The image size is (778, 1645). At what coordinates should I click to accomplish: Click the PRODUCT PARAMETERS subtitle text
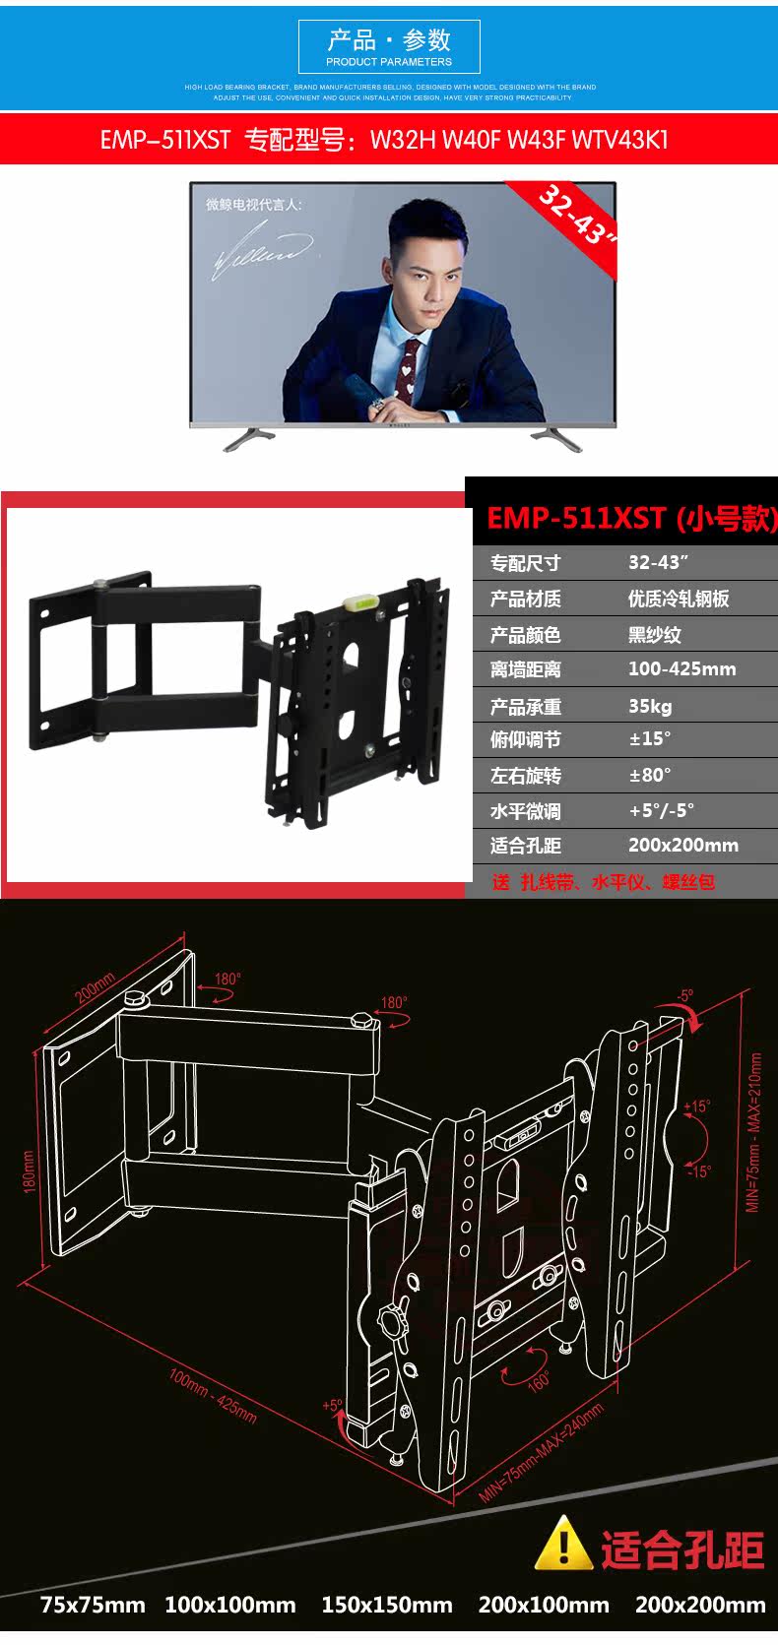click(389, 62)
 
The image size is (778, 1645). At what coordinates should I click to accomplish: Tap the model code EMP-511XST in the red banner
click(164, 140)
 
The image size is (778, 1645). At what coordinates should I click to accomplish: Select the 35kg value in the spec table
click(650, 706)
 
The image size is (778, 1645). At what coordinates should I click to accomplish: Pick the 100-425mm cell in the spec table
click(681, 669)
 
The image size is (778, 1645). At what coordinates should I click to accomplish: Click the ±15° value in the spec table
click(650, 739)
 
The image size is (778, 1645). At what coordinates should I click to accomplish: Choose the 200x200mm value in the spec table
click(682, 846)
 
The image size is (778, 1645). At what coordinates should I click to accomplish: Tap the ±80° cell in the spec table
click(650, 775)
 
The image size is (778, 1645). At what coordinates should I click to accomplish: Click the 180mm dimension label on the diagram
click(28, 1171)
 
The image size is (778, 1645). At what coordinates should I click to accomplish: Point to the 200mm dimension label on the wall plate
click(95, 987)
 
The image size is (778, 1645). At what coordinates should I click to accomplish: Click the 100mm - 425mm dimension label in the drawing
click(213, 1396)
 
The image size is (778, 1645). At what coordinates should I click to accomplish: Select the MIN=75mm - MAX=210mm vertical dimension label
click(754, 1132)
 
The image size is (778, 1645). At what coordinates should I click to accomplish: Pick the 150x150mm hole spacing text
click(386, 1605)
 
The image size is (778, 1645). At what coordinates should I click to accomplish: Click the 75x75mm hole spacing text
click(93, 1605)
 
